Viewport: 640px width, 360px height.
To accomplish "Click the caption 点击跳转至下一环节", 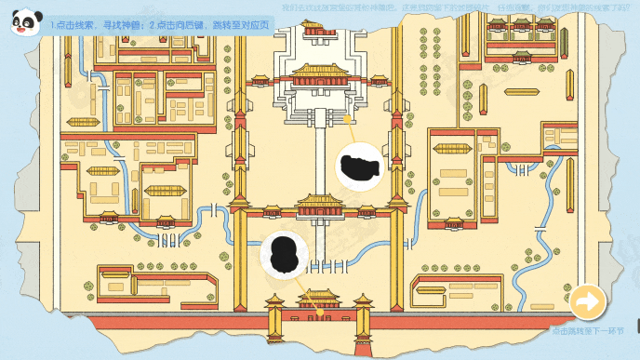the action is (590, 330).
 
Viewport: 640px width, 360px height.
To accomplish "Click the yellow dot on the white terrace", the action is (347, 119).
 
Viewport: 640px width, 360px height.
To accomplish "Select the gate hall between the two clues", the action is (321, 206).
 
